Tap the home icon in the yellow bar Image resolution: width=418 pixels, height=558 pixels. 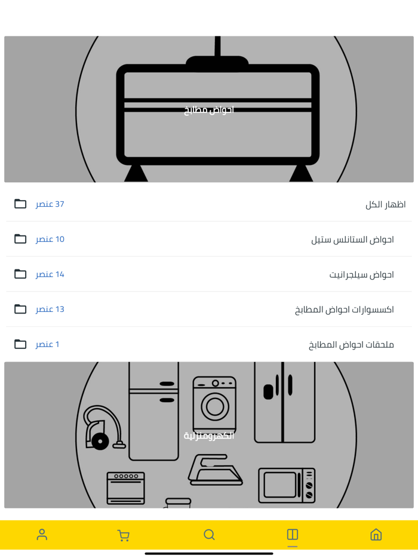point(376,535)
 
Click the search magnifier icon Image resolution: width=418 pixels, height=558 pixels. point(209,535)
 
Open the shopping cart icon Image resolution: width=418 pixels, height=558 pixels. point(123,535)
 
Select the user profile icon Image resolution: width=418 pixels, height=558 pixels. point(42,535)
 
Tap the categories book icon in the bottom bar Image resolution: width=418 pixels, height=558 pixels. point(293,535)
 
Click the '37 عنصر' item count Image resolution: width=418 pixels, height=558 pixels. point(50,204)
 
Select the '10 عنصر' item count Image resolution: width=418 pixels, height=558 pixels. point(50,239)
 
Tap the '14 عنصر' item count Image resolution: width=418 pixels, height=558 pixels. point(50,274)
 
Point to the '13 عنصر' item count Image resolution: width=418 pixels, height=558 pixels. point(50,309)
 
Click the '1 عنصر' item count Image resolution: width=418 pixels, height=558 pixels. point(47,344)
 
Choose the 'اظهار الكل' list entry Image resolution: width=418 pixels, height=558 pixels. point(385,205)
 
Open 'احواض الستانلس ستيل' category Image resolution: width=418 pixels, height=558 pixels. point(352,240)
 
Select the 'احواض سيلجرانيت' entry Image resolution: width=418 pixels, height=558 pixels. point(361,275)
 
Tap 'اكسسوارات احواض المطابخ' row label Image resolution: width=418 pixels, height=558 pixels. point(345,309)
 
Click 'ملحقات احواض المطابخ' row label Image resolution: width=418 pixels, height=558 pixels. point(351,345)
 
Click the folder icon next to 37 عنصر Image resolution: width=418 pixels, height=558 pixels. point(20,204)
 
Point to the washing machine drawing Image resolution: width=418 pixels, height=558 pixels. point(214,405)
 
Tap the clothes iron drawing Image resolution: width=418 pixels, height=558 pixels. point(215,470)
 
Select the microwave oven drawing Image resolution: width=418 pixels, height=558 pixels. point(287,485)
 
